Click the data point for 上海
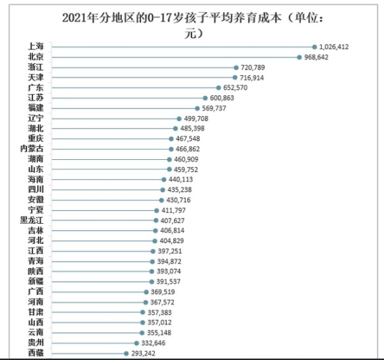coord(315,47)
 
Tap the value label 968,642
coord(316,57)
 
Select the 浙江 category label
coord(36,67)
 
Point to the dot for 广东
coord(219,87)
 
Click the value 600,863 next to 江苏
coord(222,98)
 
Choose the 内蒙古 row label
coord(32,148)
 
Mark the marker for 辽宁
coord(179,119)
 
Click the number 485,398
coord(192,128)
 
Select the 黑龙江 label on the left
coord(32,220)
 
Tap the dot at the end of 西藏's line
coord(126,354)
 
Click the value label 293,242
coord(143,354)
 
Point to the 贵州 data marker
coord(136,343)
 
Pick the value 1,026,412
coord(334,47)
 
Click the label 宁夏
coord(36,210)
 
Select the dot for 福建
coord(197,108)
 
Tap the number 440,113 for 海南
coord(181,179)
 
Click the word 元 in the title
coord(191,33)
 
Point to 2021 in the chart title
coord(74,18)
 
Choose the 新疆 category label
coord(36,281)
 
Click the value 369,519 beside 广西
coord(163,292)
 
